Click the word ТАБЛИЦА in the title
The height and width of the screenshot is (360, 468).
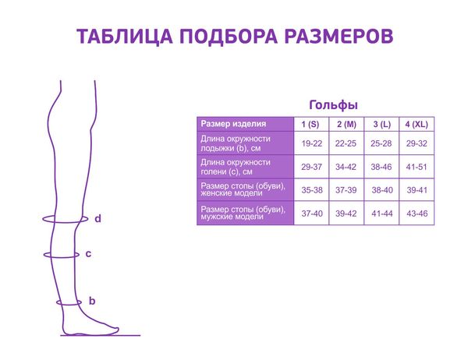[125, 37]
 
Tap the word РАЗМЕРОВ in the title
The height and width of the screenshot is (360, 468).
[339, 37]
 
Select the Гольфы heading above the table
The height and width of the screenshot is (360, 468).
[333, 105]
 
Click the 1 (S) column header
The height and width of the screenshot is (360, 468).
[310, 124]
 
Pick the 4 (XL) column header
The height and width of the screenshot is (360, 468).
[417, 124]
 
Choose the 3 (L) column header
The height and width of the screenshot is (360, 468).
[382, 124]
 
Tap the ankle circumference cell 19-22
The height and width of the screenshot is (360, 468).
[311, 143]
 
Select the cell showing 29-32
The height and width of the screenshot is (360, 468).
[417, 143]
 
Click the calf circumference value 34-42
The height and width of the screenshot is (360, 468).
[346, 167]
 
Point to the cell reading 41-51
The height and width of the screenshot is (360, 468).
[417, 167]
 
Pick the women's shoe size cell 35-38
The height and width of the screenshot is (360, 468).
[312, 190]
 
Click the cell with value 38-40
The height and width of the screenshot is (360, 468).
[382, 190]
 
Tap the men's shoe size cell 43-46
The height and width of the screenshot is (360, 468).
[417, 214]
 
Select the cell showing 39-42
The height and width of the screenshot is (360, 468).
[346, 214]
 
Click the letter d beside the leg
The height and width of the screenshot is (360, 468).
[98, 219]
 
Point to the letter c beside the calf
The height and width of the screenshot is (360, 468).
[88, 254]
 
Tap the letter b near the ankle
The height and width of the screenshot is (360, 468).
[92, 301]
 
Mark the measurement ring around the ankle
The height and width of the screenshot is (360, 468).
[69, 305]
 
